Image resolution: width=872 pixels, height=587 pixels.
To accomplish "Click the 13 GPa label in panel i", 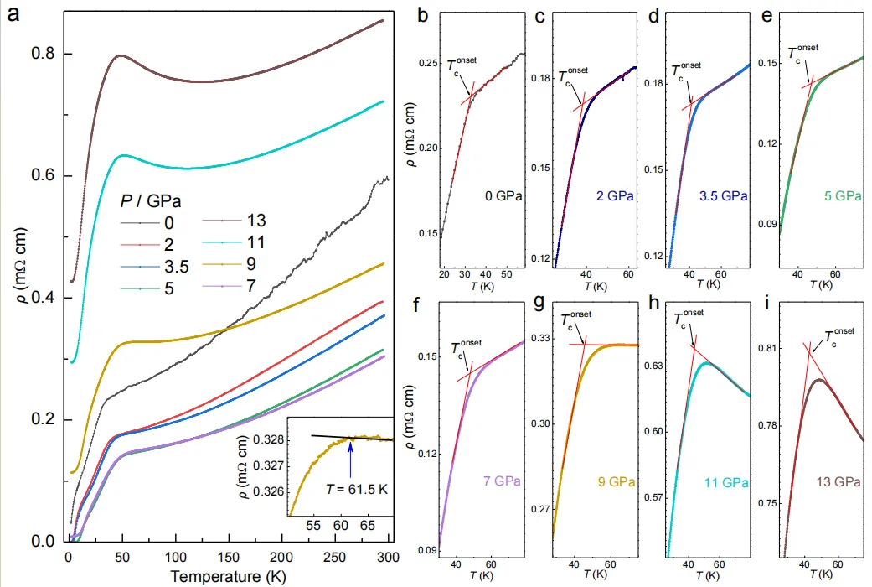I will [837, 482].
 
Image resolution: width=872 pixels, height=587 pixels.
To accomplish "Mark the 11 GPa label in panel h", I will [726, 482].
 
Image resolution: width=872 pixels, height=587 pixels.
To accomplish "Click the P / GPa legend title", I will [151, 201].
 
